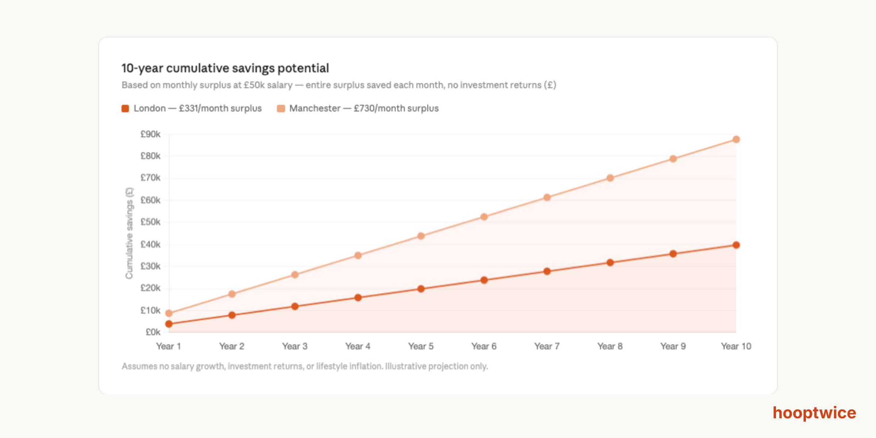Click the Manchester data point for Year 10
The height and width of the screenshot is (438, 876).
point(736,139)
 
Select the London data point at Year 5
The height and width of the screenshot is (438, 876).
point(421,289)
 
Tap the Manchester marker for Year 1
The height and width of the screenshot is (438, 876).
point(169,313)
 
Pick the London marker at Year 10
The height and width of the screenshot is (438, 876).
point(736,245)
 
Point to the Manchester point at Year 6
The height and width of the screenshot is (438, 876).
point(484,217)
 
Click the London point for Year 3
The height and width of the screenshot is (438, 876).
point(295,306)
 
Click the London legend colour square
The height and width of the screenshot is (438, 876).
point(125,108)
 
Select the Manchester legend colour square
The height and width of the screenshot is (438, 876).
point(281,108)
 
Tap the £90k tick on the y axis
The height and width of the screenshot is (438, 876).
point(150,134)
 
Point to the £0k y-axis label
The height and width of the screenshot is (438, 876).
point(153,332)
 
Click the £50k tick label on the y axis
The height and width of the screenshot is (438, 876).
point(150,222)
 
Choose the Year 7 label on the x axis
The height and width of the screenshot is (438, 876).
point(547,346)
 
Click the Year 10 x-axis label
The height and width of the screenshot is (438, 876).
point(736,346)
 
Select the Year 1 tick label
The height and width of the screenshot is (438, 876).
point(169,346)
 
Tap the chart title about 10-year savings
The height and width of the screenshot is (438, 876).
point(225,68)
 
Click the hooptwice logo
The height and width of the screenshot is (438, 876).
point(814,413)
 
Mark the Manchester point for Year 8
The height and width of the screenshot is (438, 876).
point(610,178)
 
